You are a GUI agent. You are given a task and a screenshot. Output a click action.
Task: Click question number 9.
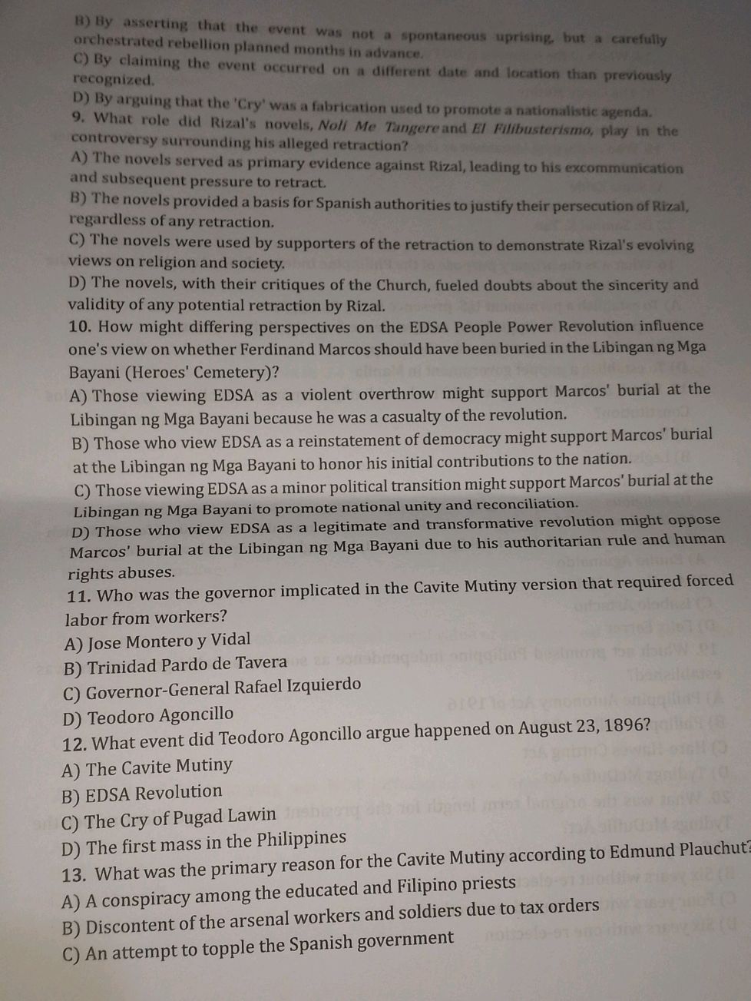click(77, 118)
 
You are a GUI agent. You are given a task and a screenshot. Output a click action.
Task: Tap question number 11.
click(78, 596)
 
